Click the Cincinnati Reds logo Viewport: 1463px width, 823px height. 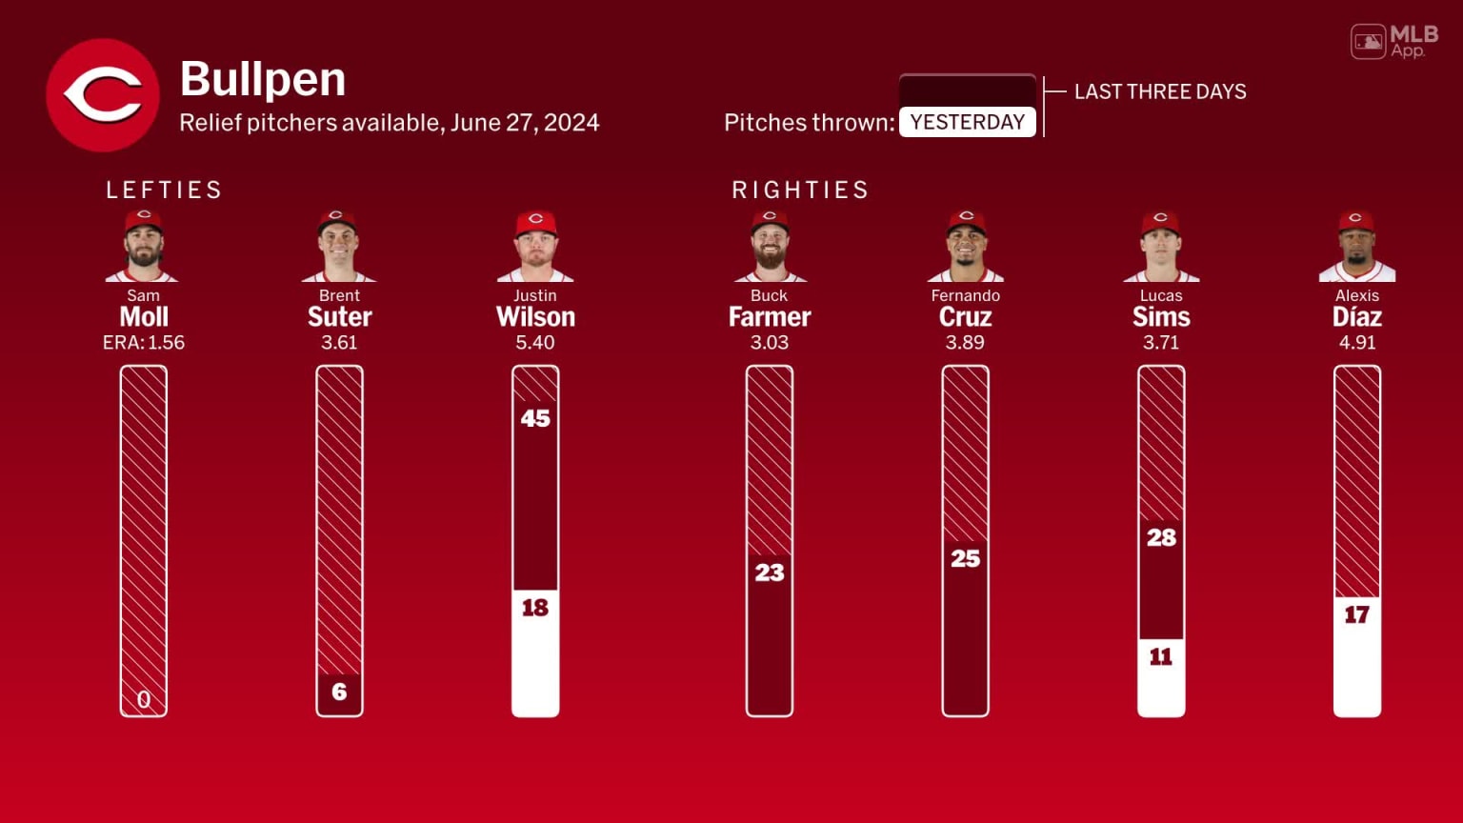point(103,95)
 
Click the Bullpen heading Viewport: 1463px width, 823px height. point(263,79)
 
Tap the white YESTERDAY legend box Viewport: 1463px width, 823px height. point(967,122)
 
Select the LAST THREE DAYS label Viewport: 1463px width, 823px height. point(1160,91)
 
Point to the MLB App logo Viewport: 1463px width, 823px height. point(1394,41)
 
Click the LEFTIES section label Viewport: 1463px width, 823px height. point(164,190)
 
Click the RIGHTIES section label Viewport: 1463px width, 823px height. point(800,190)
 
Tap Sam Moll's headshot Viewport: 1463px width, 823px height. point(143,246)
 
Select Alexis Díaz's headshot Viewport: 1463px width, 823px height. point(1356,246)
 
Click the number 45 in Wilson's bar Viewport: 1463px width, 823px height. point(535,418)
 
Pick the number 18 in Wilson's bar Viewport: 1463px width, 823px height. point(535,608)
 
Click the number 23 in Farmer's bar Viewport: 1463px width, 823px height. point(770,572)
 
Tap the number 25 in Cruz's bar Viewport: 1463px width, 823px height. point(965,558)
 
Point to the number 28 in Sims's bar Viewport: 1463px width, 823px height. point(1161,537)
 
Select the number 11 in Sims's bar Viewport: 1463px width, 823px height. point(1161,656)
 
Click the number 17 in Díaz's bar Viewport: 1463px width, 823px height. point(1356,615)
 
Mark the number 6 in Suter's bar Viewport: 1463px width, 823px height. point(339,692)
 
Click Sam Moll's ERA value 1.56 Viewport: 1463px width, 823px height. point(166,343)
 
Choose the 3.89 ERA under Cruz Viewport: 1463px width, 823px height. point(965,343)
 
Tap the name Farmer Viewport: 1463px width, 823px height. point(770,317)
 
